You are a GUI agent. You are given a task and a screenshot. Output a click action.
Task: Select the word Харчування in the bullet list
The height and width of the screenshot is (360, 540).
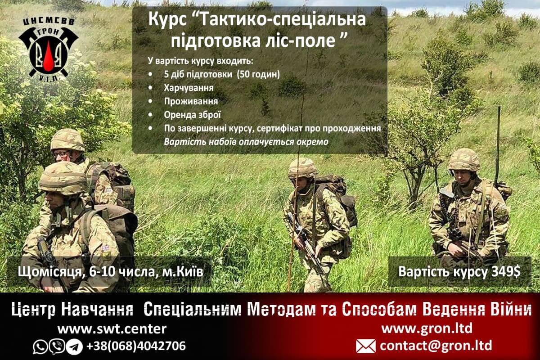(x=189, y=88)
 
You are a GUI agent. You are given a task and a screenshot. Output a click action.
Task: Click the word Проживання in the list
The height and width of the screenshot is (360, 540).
(x=191, y=102)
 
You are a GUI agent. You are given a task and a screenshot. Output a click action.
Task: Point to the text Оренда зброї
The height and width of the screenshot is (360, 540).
(x=193, y=115)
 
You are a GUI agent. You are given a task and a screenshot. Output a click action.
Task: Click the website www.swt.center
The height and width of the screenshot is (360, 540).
(x=112, y=329)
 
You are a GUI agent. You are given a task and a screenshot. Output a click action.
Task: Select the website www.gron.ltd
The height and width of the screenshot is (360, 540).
(x=427, y=328)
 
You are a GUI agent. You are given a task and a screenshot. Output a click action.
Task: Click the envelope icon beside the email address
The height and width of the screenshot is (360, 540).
(x=366, y=346)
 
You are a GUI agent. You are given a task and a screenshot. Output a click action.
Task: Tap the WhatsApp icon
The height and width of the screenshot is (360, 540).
(x=40, y=346)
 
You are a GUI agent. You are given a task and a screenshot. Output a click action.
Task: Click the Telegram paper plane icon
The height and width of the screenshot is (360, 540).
(x=74, y=346)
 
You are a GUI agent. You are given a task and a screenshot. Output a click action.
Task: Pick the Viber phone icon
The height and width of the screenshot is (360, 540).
(x=57, y=346)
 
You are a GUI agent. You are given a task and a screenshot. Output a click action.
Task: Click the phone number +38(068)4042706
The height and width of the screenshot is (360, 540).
(x=136, y=346)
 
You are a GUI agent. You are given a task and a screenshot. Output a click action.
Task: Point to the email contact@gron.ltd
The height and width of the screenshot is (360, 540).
(x=436, y=346)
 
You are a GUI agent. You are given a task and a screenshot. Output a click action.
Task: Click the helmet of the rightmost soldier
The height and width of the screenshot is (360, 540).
(x=464, y=159)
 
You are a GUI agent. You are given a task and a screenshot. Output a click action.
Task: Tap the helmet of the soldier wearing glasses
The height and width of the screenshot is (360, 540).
(x=67, y=140)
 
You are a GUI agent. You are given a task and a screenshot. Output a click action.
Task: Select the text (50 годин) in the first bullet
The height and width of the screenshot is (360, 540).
(x=258, y=74)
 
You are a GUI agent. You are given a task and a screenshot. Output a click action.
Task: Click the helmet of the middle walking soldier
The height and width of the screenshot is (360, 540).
(x=302, y=168)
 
